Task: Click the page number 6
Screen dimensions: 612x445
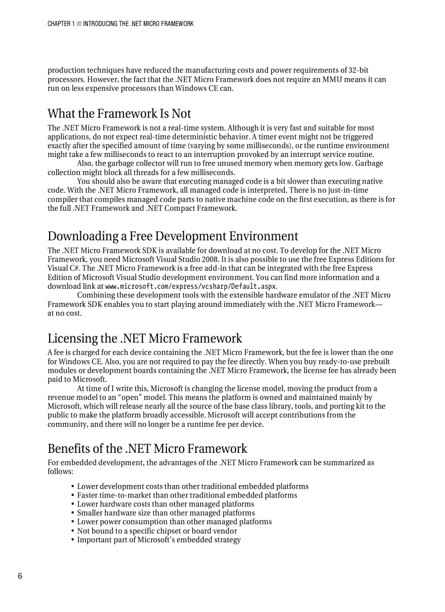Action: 20,577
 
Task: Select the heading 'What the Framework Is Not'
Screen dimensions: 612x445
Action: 119,114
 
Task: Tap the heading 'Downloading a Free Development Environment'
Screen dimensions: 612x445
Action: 172,236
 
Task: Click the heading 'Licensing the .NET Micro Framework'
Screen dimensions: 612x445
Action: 145,338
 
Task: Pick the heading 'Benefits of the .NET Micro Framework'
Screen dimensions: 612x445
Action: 147,449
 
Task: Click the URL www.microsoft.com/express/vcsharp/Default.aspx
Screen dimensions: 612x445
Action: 191,286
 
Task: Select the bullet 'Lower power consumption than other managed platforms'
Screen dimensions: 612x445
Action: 174,522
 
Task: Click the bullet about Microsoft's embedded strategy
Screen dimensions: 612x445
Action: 159,540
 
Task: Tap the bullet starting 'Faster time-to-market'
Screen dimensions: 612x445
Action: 187,495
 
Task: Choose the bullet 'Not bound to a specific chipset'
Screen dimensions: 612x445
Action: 157,531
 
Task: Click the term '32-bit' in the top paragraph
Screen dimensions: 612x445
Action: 358,70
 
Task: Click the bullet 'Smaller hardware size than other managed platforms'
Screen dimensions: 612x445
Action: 166,513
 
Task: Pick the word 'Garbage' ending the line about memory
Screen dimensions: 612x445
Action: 369,163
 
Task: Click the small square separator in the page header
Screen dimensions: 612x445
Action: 79,24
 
